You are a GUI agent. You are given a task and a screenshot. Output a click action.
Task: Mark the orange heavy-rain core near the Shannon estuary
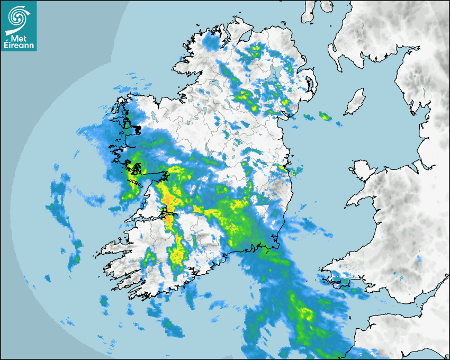168,196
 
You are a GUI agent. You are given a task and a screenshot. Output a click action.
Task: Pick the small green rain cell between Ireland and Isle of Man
324,116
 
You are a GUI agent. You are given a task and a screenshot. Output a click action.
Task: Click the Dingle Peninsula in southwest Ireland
114,249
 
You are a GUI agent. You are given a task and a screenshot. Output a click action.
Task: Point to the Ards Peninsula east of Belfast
311,85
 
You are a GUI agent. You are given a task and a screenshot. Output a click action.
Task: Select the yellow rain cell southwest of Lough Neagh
245,96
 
